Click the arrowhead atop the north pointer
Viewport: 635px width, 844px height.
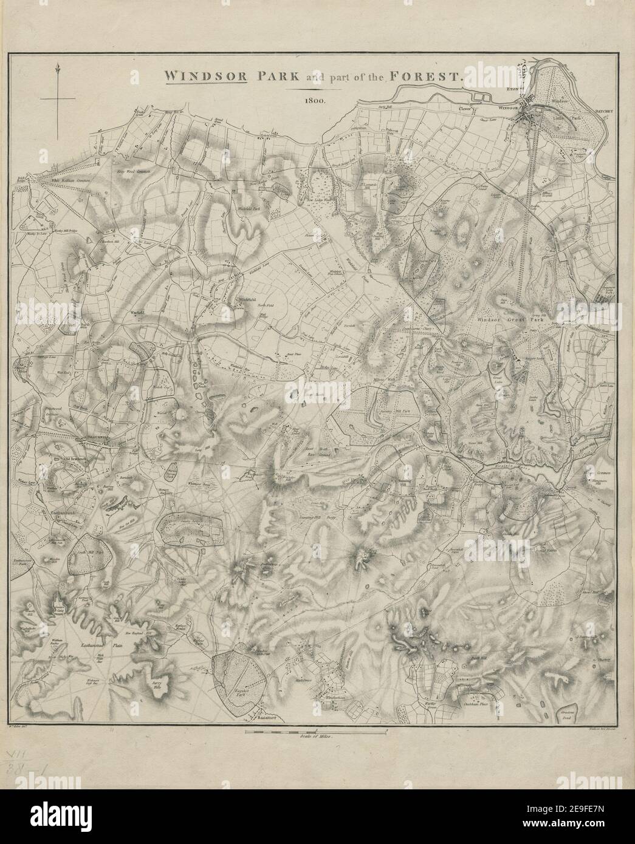tap(56, 70)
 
